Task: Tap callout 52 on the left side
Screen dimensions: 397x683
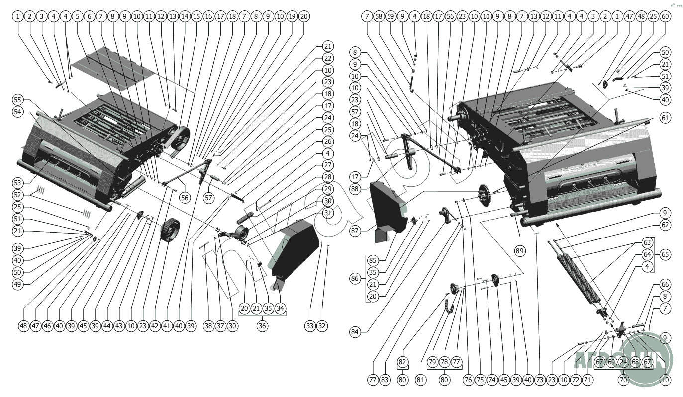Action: click(x=18, y=195)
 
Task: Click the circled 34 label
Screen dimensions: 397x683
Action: click(x=280, y=308)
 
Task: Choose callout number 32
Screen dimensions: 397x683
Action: click(x=322, y=326)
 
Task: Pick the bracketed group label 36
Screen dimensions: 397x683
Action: click(x=262, y=326)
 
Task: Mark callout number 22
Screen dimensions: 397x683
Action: click(x=327, y=58)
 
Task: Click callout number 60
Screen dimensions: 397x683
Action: click(x=665, y=16)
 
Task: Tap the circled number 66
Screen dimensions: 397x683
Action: click(x=665, y=285)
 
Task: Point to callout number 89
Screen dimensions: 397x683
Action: click(x=520, y=251)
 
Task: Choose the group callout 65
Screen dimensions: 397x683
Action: click(x=665, y=254)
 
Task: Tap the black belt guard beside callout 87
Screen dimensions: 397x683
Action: click(x=388, y=209)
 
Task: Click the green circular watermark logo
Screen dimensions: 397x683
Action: click(x=647, y=355)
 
